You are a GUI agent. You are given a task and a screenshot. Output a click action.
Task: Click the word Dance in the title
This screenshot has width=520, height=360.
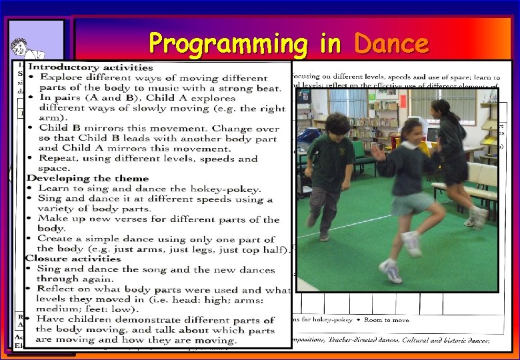coord(391,44)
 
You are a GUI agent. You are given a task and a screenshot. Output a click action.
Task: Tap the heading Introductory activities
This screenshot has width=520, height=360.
coord(90,67)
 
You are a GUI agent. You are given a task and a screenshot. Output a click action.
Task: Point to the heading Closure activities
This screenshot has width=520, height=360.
coord(73,259)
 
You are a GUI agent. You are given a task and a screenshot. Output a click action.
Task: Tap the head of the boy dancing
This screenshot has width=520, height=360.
coord(338,125)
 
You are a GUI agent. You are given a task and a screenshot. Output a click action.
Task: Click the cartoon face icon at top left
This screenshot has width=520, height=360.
coord(20,50)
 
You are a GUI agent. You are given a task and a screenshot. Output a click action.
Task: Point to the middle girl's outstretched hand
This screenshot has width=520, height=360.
coord(378,151)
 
